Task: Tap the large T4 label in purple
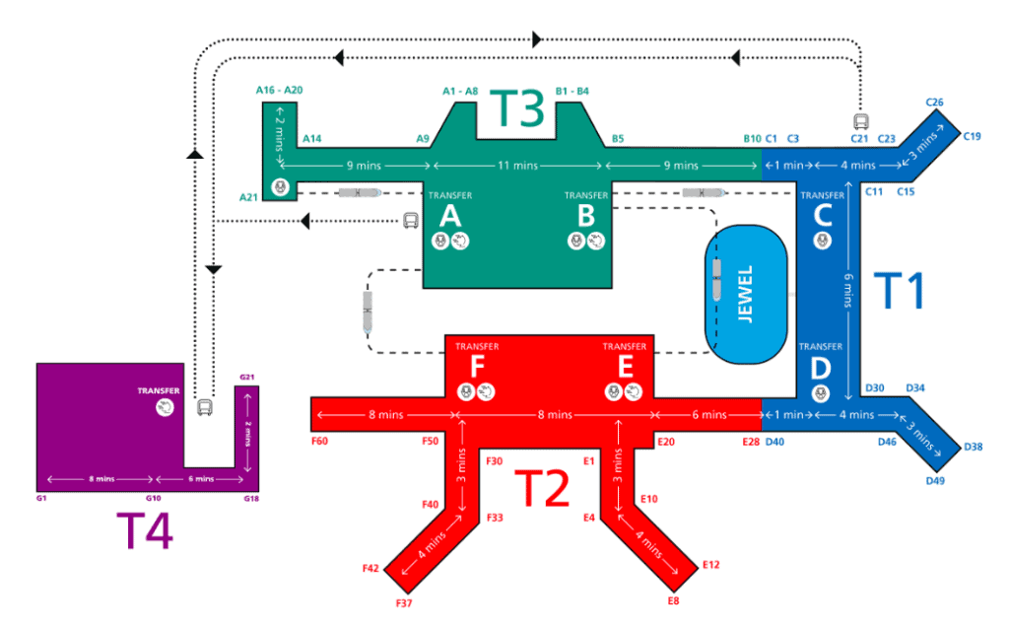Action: [x=145, y=532]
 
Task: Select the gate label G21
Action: [x=247, y=378]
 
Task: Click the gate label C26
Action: [x=935, y=102]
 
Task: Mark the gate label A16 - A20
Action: [x=279, y=90]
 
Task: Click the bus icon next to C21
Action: [x=860, y=122]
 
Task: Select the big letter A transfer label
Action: [x=450, y=215]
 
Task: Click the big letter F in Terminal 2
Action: [x=476, y=368]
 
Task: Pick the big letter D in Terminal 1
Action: [x=820, y=369]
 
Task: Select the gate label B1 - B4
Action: [x=572, y=91]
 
